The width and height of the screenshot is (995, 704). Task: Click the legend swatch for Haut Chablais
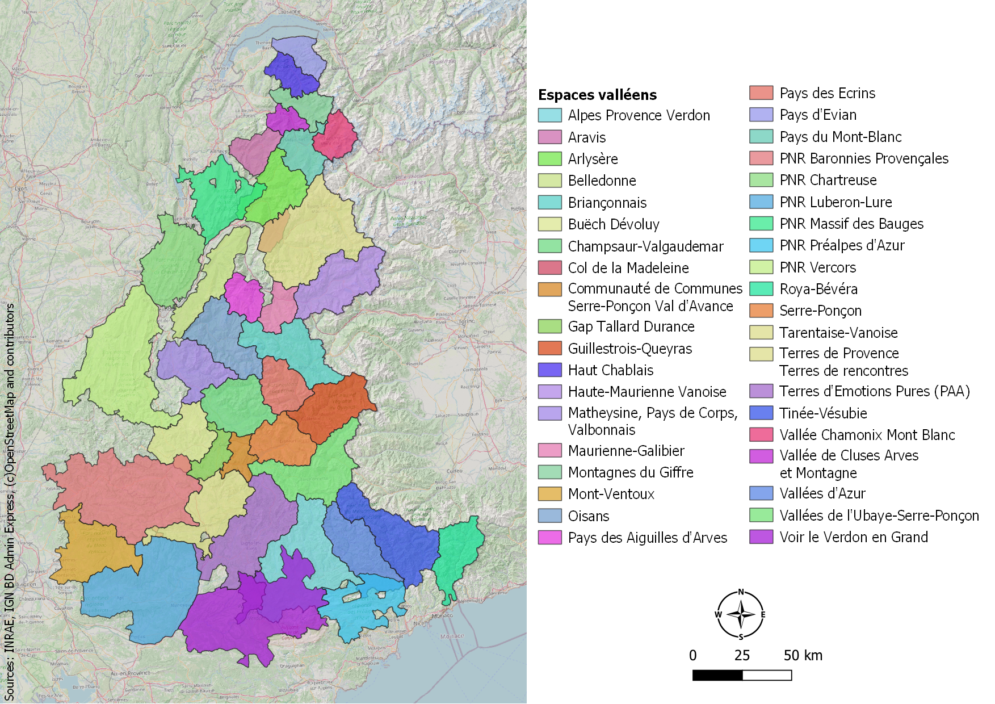[549, 370]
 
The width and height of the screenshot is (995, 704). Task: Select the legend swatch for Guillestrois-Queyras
[549, 348]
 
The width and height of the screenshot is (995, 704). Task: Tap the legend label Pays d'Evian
[817, 115]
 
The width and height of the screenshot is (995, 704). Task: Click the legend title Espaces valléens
[597, 95]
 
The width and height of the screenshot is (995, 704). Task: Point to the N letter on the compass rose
[741, 592]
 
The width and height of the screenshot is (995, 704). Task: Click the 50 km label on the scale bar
[803, 656]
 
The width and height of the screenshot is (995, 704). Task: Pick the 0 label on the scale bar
[692, 656]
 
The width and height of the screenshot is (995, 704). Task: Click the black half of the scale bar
[717, 675]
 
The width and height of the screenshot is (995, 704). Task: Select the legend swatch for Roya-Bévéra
[761, 289]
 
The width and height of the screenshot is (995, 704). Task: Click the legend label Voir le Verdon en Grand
[853, 537]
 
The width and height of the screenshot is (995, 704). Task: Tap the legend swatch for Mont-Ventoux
[549, 494]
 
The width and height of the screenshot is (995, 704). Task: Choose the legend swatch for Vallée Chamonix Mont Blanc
[761, 435]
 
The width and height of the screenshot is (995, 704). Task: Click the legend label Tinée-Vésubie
[823, 413]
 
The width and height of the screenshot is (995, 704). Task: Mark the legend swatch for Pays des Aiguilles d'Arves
[549, 538]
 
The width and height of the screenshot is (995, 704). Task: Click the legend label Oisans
[589, 516]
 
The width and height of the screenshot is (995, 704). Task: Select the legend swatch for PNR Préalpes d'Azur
[761, 245]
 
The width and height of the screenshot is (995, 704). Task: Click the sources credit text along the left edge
[10, 500]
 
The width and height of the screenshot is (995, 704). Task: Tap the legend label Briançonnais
[607, 203]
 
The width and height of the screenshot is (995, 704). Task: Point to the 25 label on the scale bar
[742, 656]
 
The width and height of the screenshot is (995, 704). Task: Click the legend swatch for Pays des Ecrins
[761, 93]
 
